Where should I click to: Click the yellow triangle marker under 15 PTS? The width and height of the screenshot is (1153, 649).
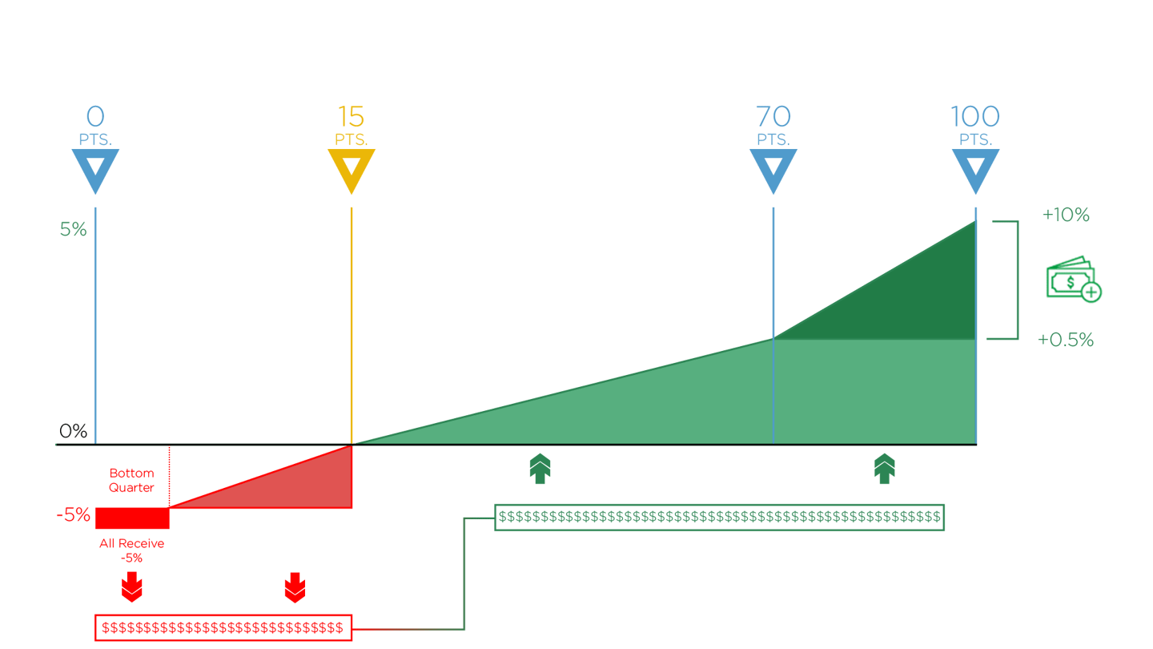click(352, 169)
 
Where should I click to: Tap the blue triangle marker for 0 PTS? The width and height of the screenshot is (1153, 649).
click(95, 169)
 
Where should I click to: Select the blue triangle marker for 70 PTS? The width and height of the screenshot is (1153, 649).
click(773, 169)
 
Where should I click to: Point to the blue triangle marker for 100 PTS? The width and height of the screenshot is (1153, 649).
click(975, 169)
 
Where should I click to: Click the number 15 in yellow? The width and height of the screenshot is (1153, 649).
click(352, 117)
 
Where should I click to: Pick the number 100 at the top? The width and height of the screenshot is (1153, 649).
click(975, 117)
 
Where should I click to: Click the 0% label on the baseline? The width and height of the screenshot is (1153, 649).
click(72, 432)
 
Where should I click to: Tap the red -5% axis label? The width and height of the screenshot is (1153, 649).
click(74, 515)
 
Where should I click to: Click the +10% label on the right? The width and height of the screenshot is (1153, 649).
click(1066, 216)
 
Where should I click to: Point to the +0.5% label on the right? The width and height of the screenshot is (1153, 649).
click(1066, 341)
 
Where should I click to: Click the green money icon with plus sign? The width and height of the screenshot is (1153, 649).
click(1073, 279)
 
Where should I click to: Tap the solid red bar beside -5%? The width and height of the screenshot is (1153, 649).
click(133, 518)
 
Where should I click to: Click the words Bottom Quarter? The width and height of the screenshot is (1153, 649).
click(131, 480)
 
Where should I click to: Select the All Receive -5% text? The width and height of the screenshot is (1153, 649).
click(132, 550)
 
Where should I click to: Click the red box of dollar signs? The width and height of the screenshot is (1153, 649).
click(223, 627)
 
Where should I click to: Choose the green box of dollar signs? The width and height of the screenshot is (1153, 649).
click(719, 518)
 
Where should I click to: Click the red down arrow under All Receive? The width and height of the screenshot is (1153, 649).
click(132, 589)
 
